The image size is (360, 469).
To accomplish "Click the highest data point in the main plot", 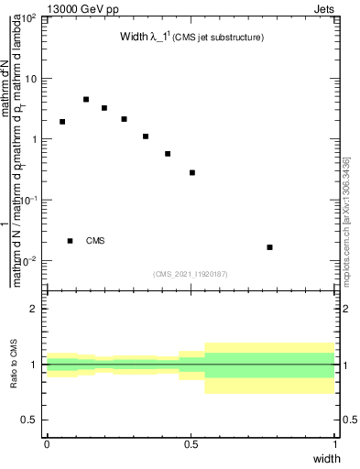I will point(86,99).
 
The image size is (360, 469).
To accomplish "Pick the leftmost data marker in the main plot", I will point(62,121).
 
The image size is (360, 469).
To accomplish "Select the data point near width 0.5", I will point(192,172).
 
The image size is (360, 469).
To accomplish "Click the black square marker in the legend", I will point(71,241).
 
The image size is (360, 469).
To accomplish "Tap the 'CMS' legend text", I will point(95,241).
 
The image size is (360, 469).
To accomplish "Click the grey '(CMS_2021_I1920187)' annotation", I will point(190,273).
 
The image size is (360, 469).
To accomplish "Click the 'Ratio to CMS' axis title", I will point(14,365).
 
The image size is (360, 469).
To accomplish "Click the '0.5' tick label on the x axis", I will point(191,443).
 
